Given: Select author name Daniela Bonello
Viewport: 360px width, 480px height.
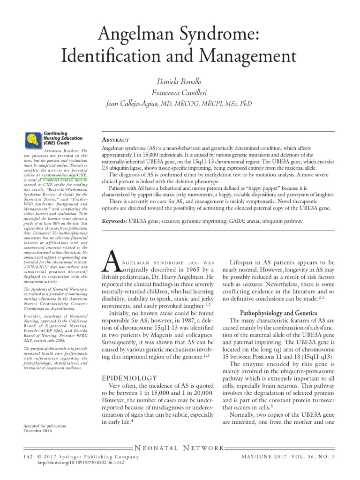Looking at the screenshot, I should click(180, 82).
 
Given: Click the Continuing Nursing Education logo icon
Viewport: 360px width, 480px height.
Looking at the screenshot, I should click(33, 139).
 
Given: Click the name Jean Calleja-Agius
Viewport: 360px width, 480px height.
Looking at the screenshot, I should click(134, 104).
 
